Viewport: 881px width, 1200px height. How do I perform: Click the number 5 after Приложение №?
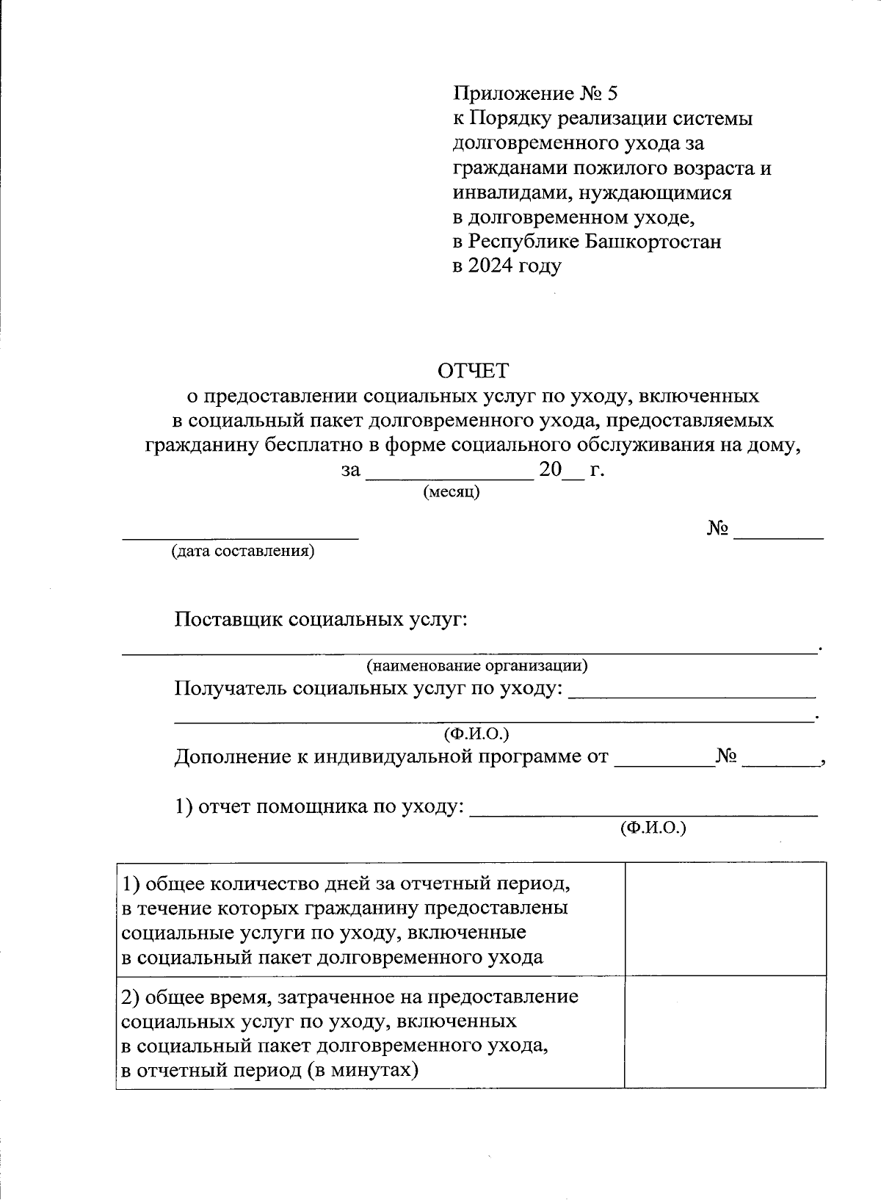[613, 93]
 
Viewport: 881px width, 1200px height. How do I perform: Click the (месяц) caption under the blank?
[452, 492]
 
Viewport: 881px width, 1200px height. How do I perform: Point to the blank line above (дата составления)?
[240, 537]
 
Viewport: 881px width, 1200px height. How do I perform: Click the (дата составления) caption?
[242, 552]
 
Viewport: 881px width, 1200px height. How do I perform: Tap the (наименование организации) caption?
[477, 666]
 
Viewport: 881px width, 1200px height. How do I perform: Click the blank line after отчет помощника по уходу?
[643, 813]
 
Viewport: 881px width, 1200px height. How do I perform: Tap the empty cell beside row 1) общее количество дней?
[725, 919]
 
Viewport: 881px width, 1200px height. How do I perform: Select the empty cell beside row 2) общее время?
[725, 1031]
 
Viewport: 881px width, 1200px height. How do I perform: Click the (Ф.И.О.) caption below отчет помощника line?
[653, 828]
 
